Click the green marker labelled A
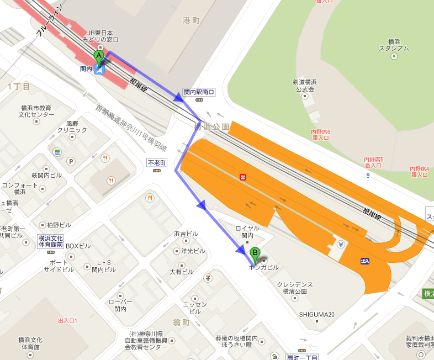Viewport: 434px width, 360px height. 99,56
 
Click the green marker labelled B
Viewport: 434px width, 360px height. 255,255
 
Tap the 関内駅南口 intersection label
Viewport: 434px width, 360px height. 198,92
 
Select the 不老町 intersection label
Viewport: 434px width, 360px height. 156,163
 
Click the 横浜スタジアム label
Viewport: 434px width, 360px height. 394,45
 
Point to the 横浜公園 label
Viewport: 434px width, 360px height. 211,127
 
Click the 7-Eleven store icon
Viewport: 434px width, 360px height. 208,277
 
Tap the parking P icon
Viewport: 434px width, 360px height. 71,161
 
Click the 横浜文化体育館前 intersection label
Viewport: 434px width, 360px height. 50,241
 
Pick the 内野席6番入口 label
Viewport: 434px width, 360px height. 320,135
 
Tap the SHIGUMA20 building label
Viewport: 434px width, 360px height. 317,315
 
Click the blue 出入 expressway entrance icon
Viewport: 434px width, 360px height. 364,261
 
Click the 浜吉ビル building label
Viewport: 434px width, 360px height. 186,234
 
